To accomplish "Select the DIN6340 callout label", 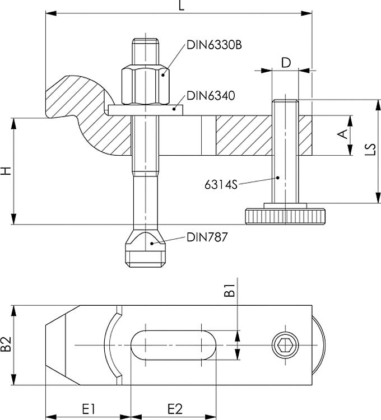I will click(x=210, y=95).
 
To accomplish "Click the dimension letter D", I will click(x=285, y=62).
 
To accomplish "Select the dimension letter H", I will click(x=6, y=171).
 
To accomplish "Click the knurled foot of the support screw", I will click(x=285, y=215).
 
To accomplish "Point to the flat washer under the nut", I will click(x=144, y=110).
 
